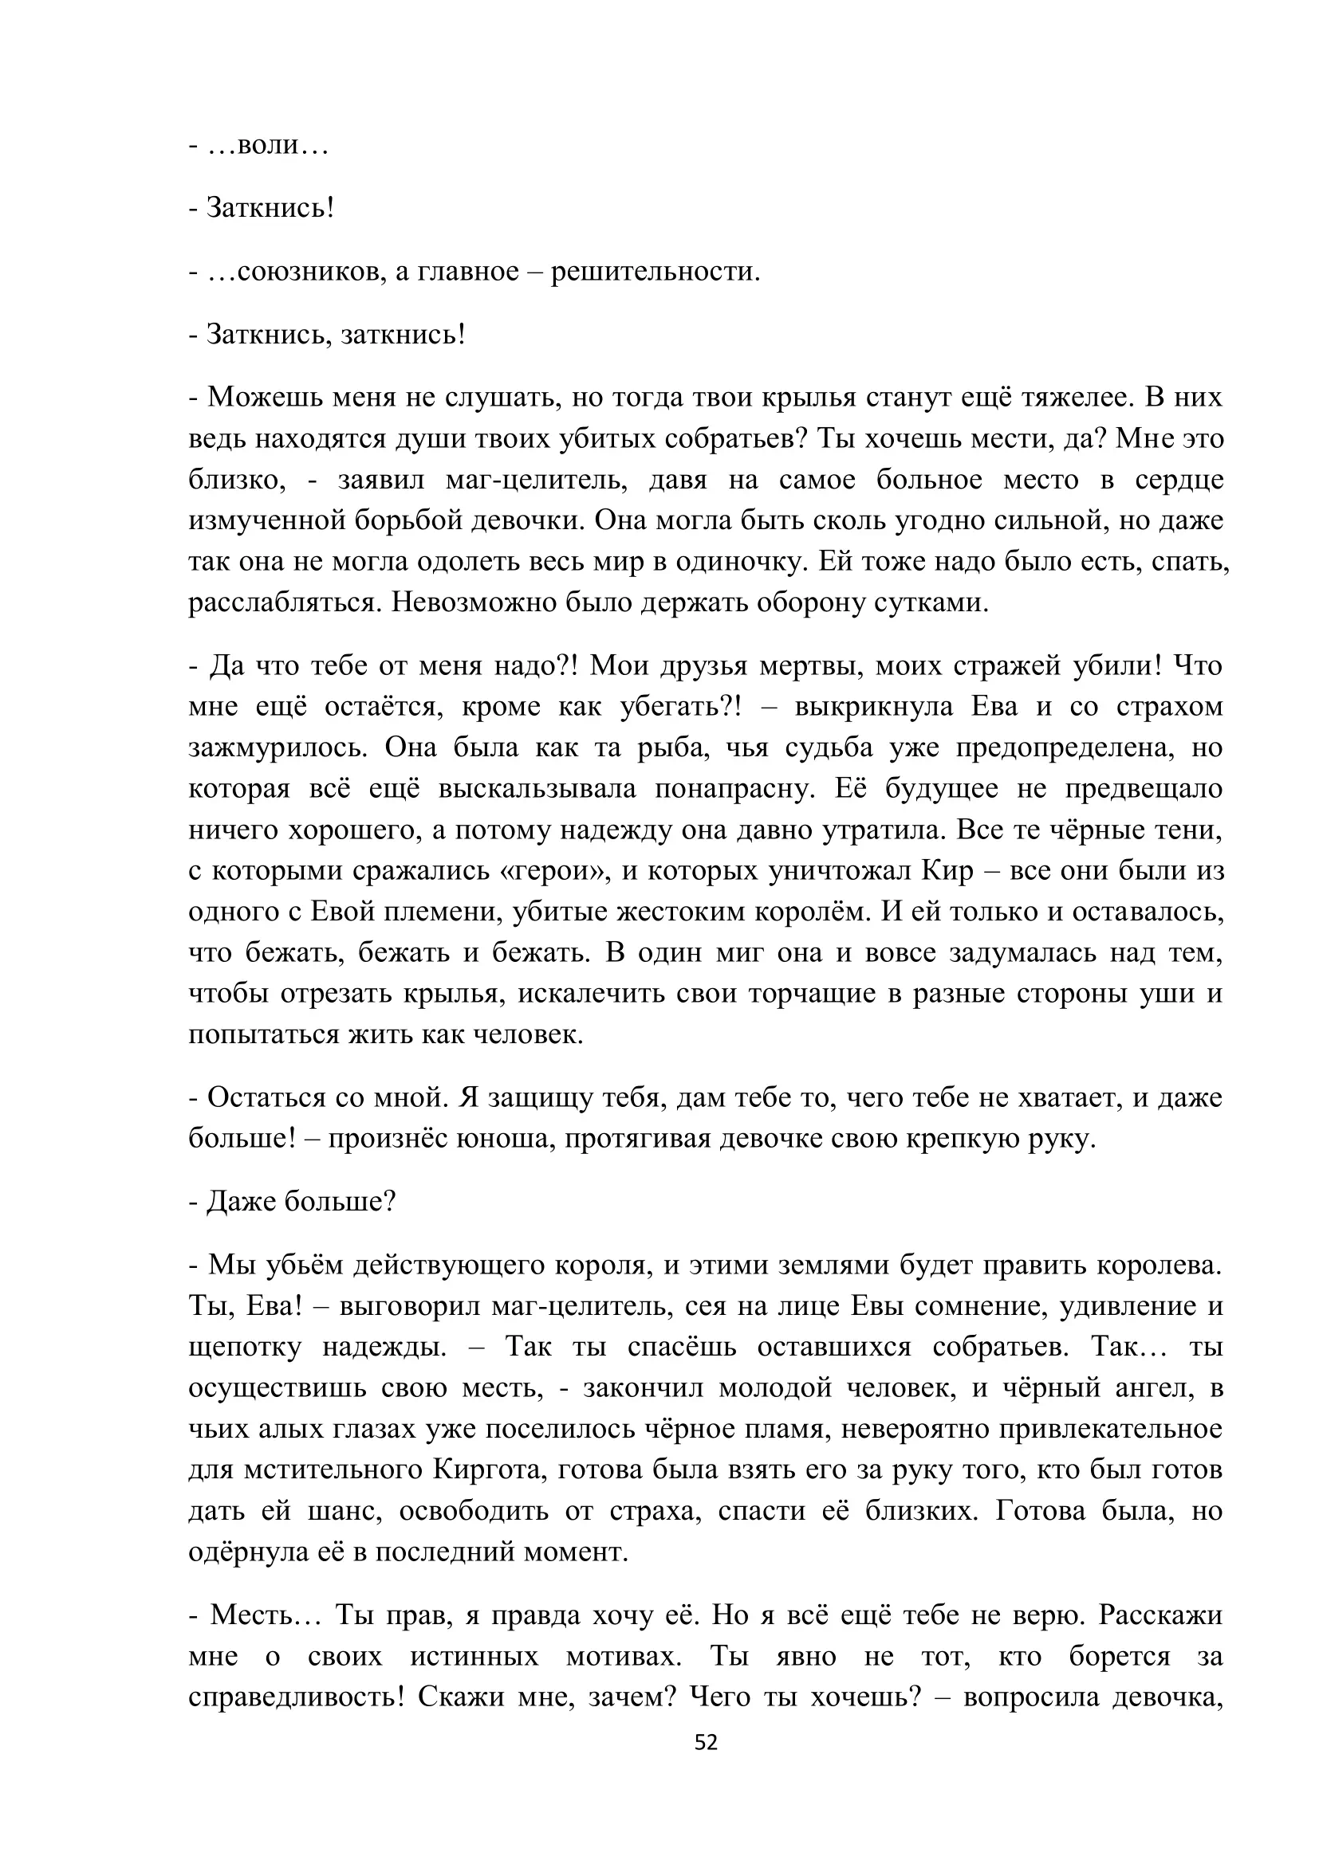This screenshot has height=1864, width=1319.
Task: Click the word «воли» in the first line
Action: pyautogui.click(x=268, y=147)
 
